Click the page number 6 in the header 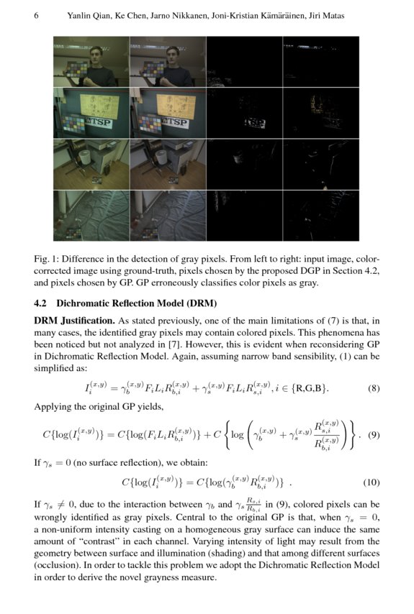pyautogui.click(x=36, y=16)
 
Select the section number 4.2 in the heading pyautogui.click(x=42, y=303)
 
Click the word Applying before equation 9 pyautogui.click(x=53, y=406)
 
